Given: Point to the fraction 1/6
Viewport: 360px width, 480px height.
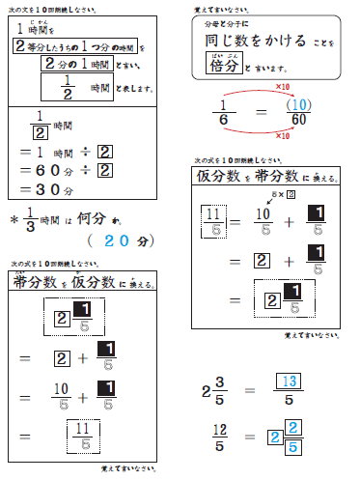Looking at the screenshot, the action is [x=222, y=111].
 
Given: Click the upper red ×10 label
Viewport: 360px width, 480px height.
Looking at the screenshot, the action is [x=284, y=87].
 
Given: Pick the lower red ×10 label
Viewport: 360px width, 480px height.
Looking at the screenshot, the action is [x=283, y=135].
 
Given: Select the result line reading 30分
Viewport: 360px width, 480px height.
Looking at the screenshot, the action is [x=60, y=189].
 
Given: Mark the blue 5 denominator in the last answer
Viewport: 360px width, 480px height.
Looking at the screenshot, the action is [x=293, y=446].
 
